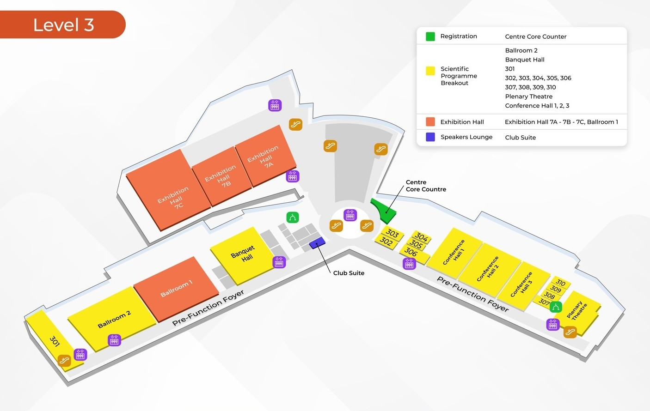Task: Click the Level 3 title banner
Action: click(63, 24)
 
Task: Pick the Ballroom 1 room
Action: click(176, 289)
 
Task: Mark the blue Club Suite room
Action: click(318, 242)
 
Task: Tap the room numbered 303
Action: click(392, 233)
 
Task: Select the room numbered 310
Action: click(561, 283)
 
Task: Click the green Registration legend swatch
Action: click(430, 36)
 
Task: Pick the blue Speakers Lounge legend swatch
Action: click(430, 137)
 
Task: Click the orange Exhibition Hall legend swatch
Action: click(430, 122)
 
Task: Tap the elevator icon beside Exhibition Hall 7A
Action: click(293, 176)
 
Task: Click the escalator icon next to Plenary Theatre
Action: click(570, 332)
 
